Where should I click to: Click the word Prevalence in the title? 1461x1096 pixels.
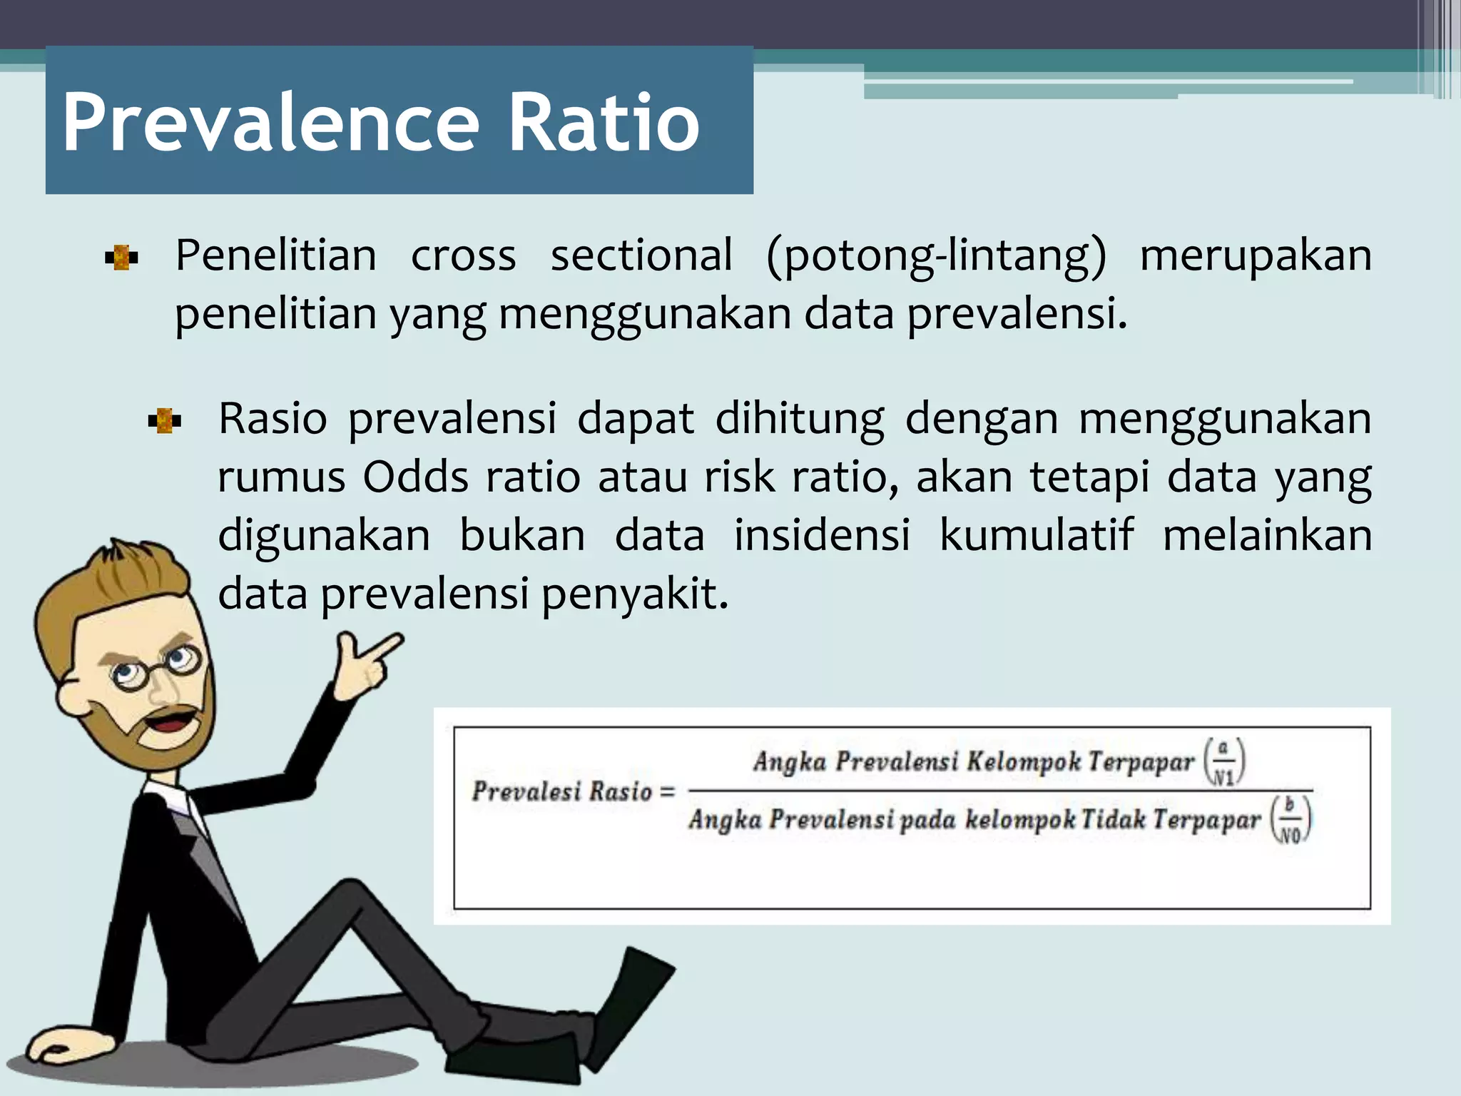(271, 123)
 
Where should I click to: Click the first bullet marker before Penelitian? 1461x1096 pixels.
(121, 258)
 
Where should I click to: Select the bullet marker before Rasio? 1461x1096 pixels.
(164, 421)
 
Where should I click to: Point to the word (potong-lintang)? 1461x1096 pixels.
(935, 255)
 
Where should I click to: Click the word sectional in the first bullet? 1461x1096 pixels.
(641, 255)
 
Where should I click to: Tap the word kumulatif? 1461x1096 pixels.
(1036, 535)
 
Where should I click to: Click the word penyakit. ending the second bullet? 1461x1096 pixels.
(635, 594)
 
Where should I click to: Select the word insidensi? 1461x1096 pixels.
(822, 535)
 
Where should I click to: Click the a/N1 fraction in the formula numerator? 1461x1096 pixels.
(1224, 762)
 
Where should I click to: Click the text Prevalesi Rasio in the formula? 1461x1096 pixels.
(562, 791)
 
